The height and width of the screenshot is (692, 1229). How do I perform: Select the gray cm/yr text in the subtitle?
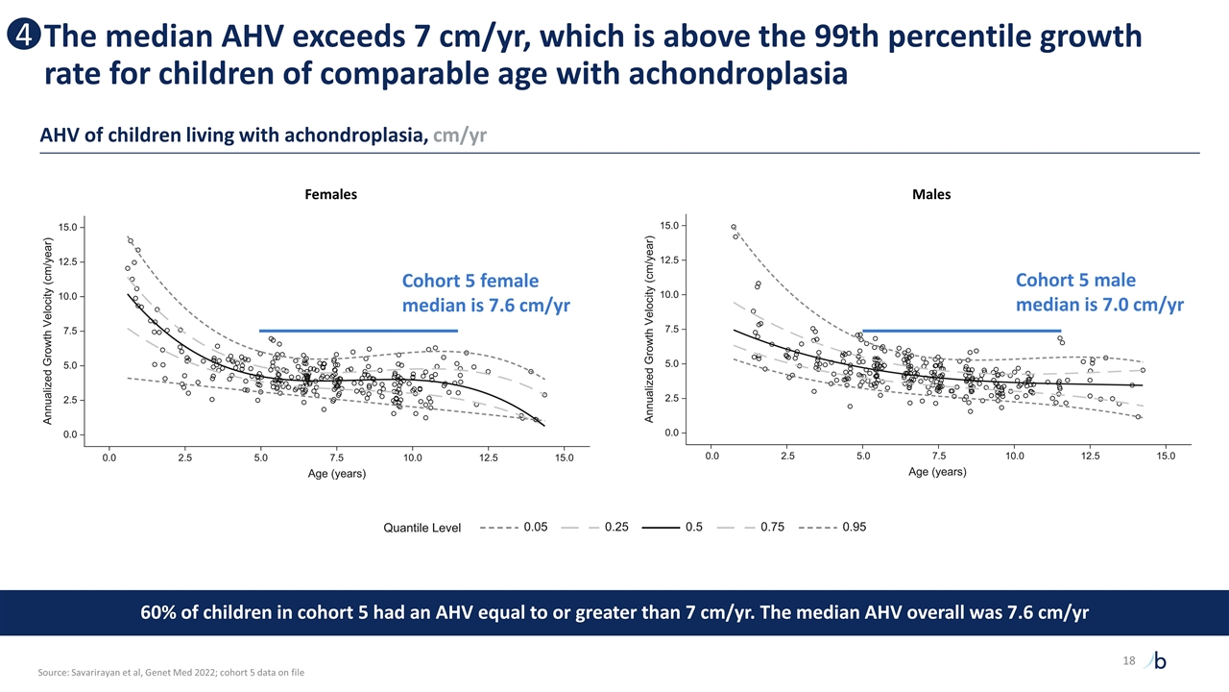(460, 136)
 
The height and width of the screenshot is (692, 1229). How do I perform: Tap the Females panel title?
(330, 194)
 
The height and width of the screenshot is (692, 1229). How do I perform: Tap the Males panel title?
(931, 194)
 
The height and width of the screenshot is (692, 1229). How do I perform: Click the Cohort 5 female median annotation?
(486, 293)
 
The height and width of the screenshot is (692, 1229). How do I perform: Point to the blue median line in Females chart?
(358, 331)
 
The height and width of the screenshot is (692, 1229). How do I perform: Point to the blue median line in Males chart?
(961, 331)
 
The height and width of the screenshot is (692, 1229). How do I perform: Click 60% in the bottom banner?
(160, 613)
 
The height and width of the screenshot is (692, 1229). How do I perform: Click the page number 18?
(1128, 660)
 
